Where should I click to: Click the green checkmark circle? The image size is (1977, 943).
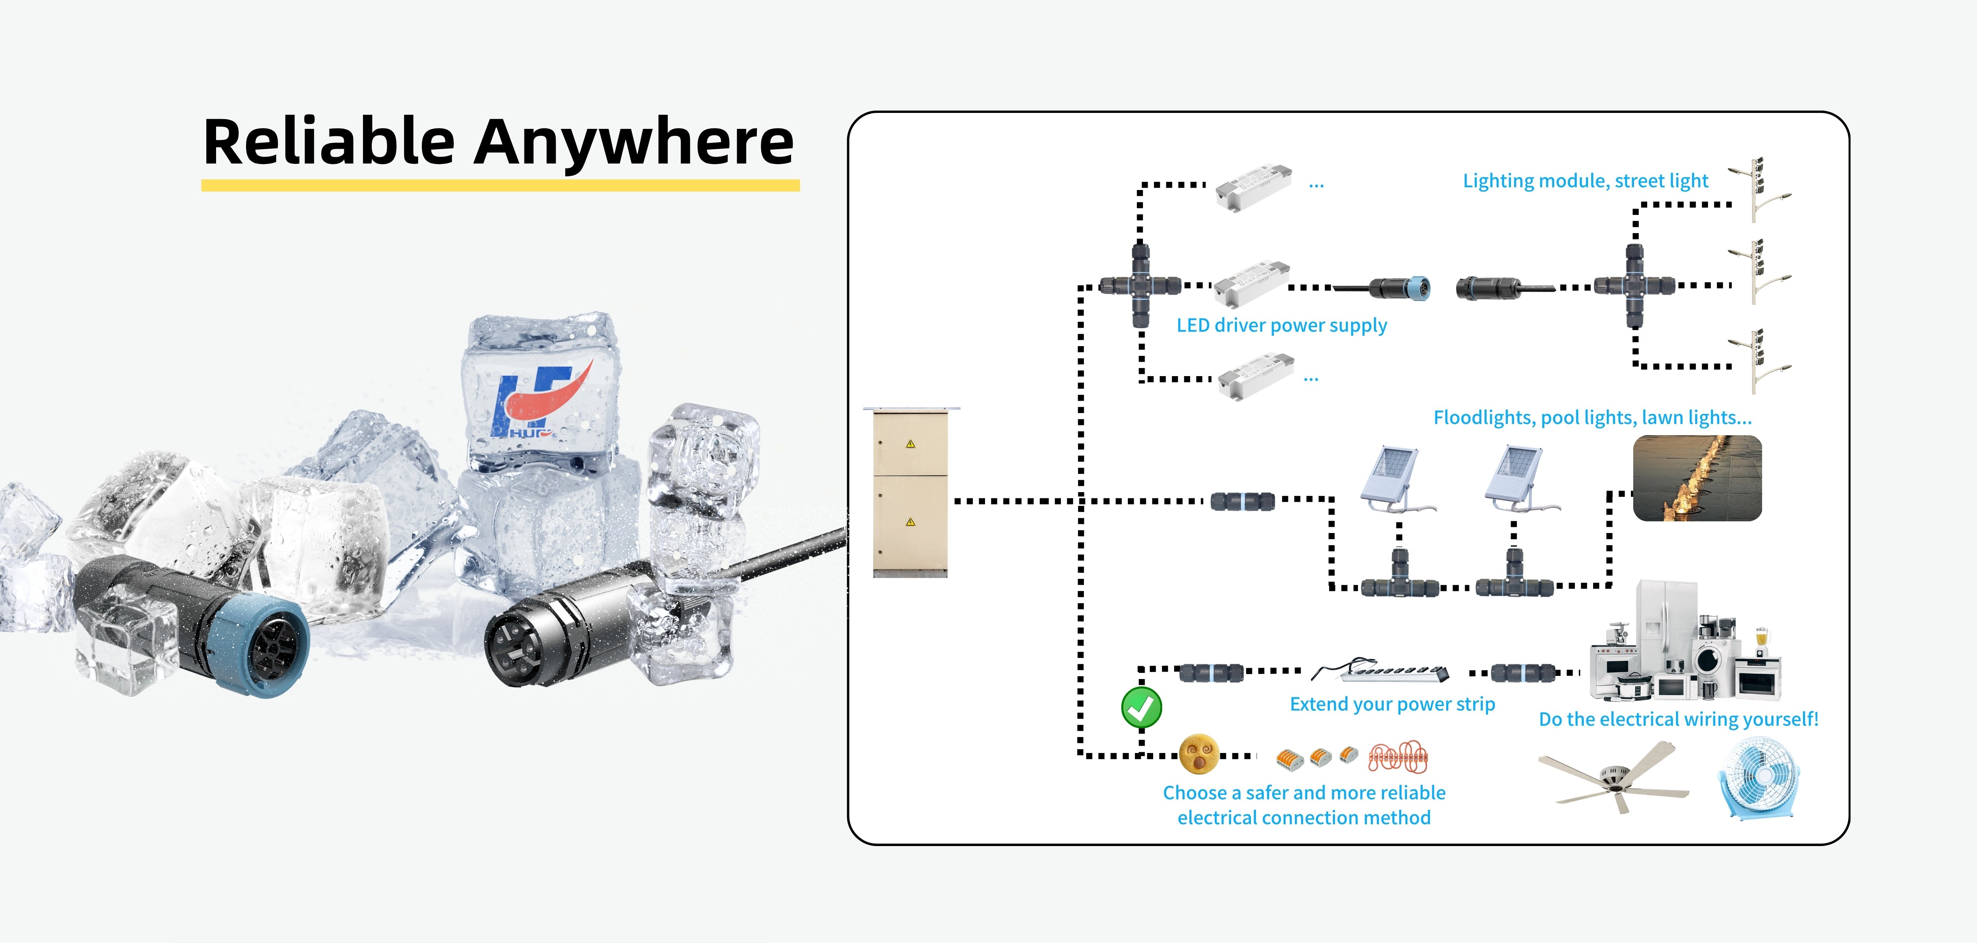[1141, 707]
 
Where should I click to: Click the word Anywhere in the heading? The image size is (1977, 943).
[633, 142]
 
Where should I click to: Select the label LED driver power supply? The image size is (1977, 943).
[1282, 325]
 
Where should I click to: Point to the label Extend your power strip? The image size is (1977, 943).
[1392, 704]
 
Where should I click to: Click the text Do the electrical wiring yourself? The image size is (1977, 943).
[1678, 719]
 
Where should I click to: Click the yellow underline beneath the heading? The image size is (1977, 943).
[500, 185]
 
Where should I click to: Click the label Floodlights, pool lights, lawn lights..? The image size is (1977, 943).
[1592, 417]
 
